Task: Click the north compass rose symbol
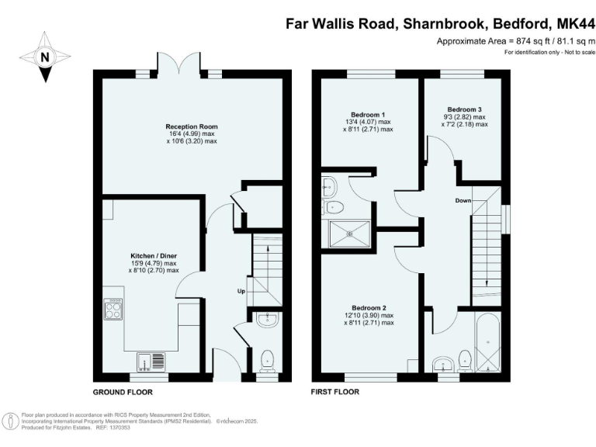click(43, 56)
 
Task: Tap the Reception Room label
click(191, 126)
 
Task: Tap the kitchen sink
click(144, 360)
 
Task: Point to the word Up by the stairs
click(242, 291)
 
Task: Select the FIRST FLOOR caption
click(334, 392)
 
